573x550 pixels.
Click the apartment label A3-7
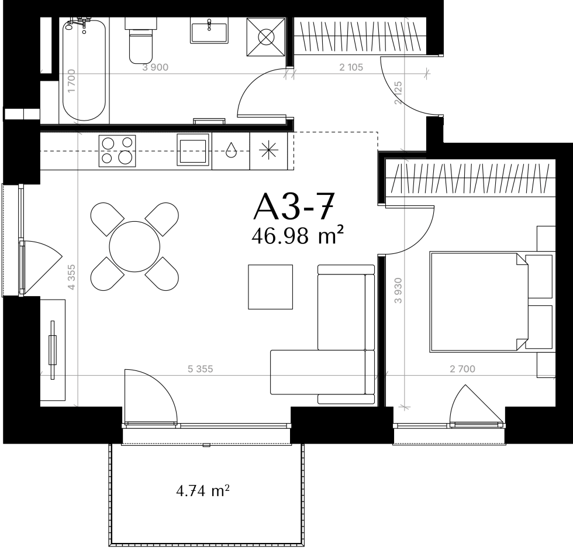294,207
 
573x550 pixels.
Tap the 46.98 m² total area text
298,236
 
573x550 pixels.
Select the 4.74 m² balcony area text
203,491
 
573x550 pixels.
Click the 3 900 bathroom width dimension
156,67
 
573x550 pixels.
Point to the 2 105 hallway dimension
351,67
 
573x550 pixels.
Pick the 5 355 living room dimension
200,369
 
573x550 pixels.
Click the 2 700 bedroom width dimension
462,369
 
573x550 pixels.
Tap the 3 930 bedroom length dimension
398,291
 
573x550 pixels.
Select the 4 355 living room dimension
71,277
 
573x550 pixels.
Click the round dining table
134,246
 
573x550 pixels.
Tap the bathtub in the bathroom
84,70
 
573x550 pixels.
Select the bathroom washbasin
209,30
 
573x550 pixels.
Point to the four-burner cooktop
117,151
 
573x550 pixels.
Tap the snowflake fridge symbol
268,150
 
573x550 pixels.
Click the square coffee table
270,287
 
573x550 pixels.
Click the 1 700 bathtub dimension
71,81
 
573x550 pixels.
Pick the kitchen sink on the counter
193,150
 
